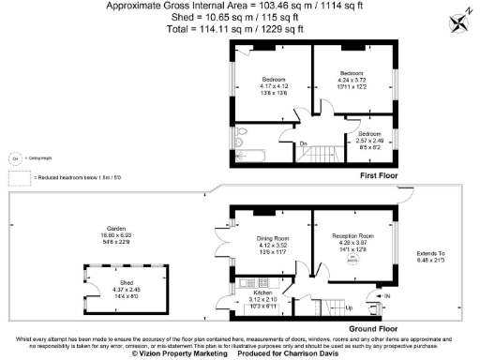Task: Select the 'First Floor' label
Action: click(x=381, y=176)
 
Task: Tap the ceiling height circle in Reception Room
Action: click(x=353, y=261)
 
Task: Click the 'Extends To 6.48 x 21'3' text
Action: click(x=434, y=256)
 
